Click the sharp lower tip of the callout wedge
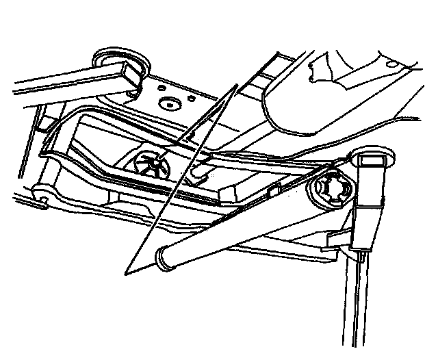tap(124, 274)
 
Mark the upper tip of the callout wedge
tap(236, 86)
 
